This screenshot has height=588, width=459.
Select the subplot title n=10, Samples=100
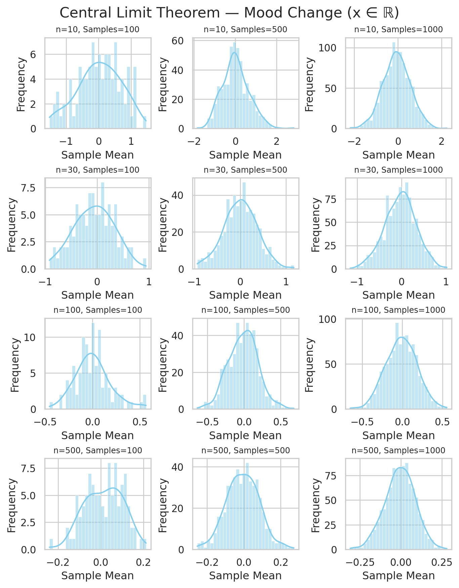click(97, 30)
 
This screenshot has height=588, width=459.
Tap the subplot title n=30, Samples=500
click(245, 170)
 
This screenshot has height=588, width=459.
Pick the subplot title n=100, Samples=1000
click(398, 310)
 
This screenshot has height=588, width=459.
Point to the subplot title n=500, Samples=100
click(97, 450)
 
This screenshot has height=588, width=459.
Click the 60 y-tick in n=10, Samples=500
click(178, 41)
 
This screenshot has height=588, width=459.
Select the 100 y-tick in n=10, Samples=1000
click(328, 48)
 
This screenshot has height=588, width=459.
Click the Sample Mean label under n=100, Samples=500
click(245, 435)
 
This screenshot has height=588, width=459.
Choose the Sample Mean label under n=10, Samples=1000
click(398, 155)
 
